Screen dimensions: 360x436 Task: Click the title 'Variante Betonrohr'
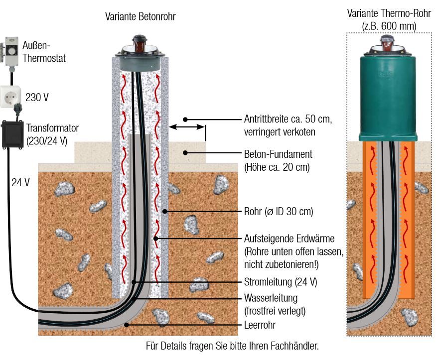point(140,17)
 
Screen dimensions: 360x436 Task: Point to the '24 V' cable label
point(20,182)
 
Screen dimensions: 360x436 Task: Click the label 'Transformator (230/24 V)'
point(53,134)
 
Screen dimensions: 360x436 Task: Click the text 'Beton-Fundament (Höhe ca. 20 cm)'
point(277,160)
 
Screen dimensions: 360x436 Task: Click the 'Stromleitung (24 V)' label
point(281,282)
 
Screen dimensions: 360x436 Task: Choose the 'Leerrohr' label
point(260,325)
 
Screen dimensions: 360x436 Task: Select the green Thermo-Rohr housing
point(388,97)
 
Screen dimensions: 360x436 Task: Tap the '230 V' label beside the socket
point(37,98)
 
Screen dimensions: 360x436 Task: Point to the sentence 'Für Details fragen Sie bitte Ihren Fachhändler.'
point(232,345)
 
